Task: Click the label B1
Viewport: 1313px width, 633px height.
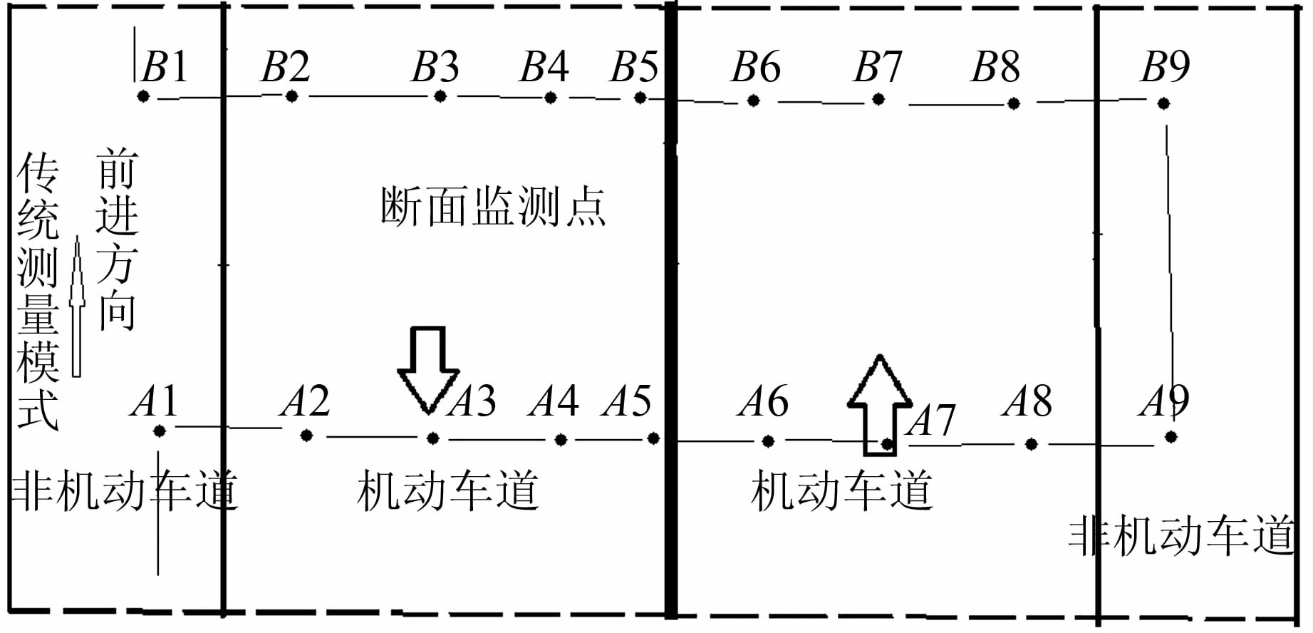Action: [x=165, y=66]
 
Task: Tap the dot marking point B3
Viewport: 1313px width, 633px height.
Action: [x=440, y=96]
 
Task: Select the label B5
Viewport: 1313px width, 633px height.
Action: [x=635, y=66]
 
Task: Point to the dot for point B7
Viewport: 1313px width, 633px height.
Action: [x=878, y=99]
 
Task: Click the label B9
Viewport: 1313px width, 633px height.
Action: [x=1166, y=66]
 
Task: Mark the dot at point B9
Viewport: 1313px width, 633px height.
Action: [x=1163, y=104]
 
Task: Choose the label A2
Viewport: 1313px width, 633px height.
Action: [x=306, y=401]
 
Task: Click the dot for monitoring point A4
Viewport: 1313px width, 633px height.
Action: [x=561, y=440]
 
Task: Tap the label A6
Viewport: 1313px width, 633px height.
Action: [x=764, y=401]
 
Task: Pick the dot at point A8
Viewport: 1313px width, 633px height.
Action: [x=1031, y=445]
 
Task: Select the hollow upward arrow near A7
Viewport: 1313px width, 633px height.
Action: [x=880, y=404]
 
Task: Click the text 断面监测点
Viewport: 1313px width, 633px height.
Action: [x=492, y=207]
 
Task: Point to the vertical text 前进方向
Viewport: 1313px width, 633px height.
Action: [x=117, y=239]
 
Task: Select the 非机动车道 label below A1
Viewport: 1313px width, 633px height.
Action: [x=124, y=491]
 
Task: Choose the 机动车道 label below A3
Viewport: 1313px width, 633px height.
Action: [x=447, y=491]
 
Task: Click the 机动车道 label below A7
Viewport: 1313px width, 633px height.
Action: [x=841, y=491]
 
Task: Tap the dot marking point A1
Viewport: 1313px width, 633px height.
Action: [x=159, y=431]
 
